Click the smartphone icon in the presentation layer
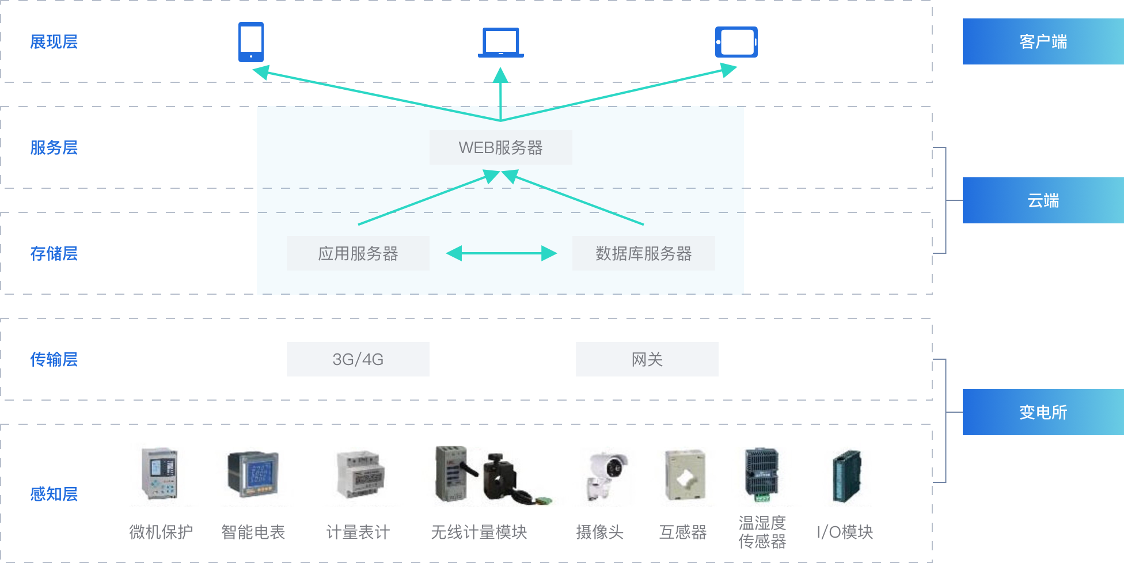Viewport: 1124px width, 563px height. coord(251,42)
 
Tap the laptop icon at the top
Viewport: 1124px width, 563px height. coord(501,43)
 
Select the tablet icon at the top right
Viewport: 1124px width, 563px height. coord(736,42)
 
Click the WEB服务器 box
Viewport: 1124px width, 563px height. coord(501,147)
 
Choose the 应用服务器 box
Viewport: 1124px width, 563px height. coord(358,253)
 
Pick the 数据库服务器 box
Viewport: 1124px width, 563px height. coord(644,253)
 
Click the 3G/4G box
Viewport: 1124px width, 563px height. coord(358,359)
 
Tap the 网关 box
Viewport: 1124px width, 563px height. coord(647,359)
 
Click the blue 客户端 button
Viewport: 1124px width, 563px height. coord(1043,41)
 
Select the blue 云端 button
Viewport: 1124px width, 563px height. coord(1043,200)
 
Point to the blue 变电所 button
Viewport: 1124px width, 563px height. coord(1043,412)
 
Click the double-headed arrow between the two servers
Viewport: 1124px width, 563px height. coord(502,253)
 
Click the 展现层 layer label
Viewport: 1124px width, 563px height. coord(54,42)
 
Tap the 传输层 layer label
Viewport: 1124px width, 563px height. coord(54,360)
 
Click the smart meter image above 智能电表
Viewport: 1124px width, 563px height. coord(253,474)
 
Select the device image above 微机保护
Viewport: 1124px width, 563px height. coord(160,473)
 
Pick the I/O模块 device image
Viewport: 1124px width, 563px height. coord(846,477)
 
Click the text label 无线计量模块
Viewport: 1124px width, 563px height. coord(479,532)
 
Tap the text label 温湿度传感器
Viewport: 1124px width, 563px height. coord(762,532)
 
